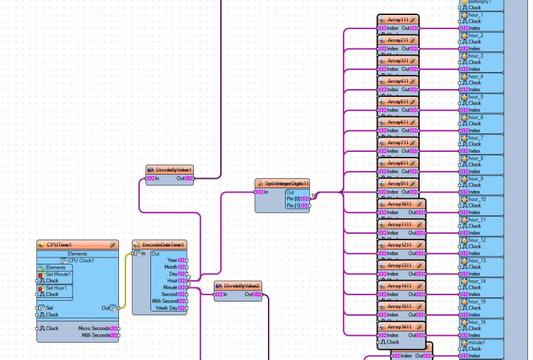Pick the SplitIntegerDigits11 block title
[281, 183]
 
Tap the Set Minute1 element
[58, 274]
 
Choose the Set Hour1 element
[56, 288]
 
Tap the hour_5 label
[475, 97]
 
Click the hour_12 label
[477, 240]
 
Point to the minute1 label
[477, 343]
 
